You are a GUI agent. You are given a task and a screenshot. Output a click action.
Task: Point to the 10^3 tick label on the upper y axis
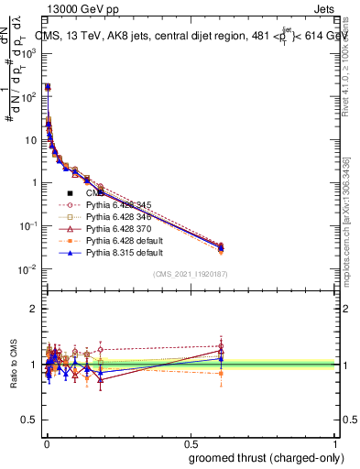(x=27, y=53)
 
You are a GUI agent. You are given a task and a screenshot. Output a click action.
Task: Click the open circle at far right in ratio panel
(x=221, y=345)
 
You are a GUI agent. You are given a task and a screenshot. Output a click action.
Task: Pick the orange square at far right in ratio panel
(x=221, y=374)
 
